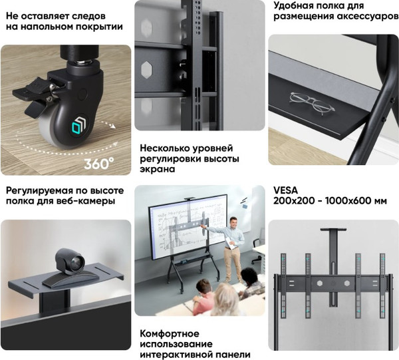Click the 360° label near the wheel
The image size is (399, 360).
click(99, 164)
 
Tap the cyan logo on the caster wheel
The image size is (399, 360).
click(78, 125)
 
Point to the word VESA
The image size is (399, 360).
click(285, 190)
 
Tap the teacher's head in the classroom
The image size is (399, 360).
click(233, 222)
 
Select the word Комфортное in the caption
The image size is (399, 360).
click(170, 333)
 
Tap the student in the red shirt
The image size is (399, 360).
click(203, 297)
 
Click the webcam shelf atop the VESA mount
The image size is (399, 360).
click(333, 230)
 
